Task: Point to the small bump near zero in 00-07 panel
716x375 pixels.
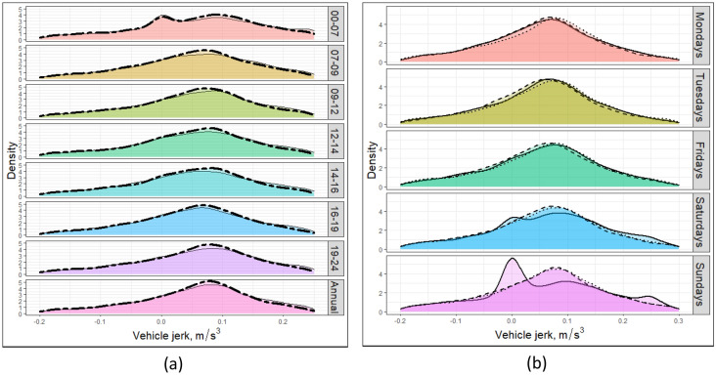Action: coord(162,16)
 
